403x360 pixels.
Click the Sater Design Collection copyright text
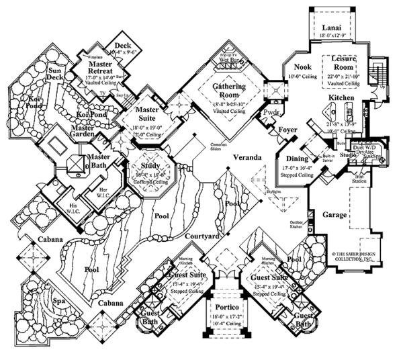(x=355, y=256)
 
